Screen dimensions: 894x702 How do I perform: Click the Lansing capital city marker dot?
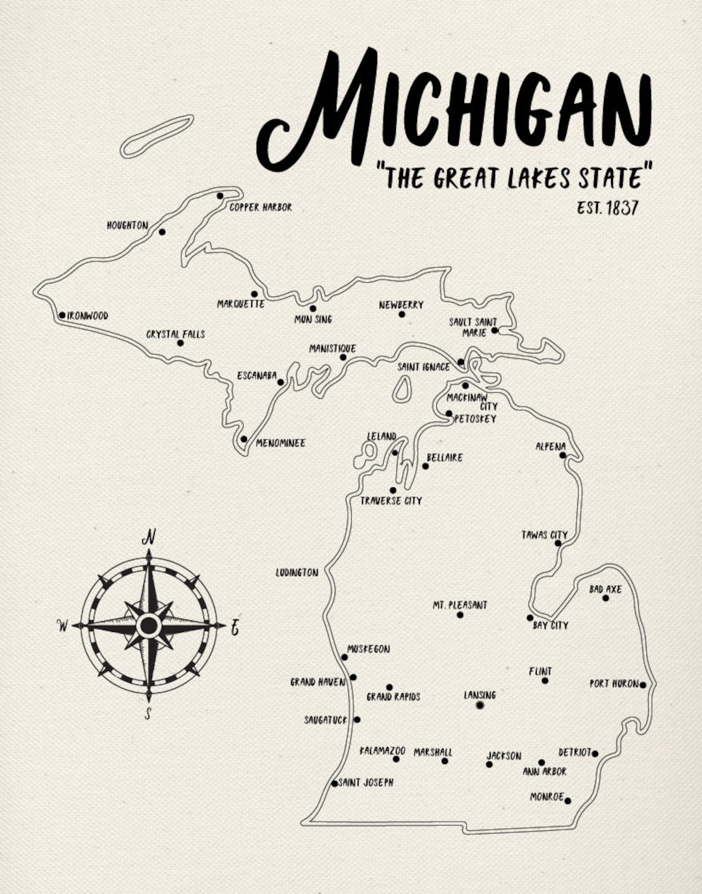coord(480,705)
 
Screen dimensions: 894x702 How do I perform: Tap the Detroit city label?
coord(575,752)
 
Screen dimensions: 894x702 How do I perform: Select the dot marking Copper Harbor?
coord(220,196)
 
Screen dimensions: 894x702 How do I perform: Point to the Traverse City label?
coord(391,501)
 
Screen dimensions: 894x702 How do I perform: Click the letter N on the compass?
coord(149,537)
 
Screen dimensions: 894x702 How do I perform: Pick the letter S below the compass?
coord(148,714)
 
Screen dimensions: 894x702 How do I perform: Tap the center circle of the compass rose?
coord(149,625)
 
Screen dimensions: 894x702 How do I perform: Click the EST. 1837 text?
coord(607,207)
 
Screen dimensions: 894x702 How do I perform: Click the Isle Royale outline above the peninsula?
coord(157,137)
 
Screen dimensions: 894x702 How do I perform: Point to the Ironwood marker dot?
coord(62,315)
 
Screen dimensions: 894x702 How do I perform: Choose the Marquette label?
coord(240,304)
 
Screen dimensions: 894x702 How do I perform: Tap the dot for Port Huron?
coord(643,685)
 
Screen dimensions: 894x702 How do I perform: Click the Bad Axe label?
coord(605,589)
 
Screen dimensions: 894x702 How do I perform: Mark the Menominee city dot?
coord(244,439)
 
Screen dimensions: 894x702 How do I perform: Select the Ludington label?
coord(297,572)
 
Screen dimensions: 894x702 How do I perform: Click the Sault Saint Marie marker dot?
coord(494,330)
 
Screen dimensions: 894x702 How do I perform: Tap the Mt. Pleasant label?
coord(460,605)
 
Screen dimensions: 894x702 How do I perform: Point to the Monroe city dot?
coord(567,800)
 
